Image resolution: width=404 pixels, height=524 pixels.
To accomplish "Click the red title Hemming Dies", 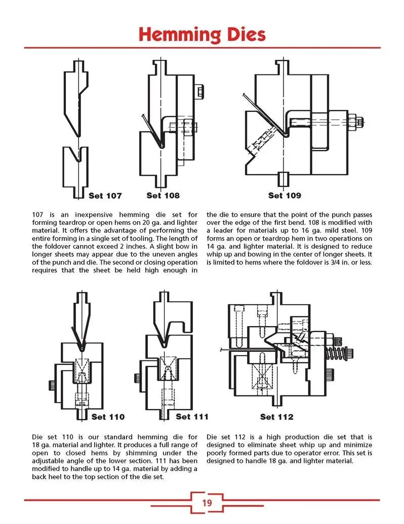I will tap(201, 35).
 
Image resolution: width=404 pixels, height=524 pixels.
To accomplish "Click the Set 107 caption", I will tap(105, 195).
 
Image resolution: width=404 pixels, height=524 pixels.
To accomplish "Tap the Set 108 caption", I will tap(163, 195).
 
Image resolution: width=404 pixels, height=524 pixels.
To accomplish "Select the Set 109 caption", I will tap(285, 195).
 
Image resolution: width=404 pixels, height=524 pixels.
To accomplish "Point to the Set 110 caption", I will tap(108, 417).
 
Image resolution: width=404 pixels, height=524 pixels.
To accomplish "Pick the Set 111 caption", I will tap(192, 417).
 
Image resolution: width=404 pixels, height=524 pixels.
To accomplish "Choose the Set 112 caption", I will tap(276, 417).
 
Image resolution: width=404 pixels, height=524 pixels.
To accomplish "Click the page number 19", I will tap(207, 503).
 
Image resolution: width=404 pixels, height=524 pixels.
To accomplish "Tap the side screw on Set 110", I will tap(52, 385).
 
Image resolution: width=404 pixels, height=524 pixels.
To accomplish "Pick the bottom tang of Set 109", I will tap(284, 178).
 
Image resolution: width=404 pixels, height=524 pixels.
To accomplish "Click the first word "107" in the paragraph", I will tap(38, 215).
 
